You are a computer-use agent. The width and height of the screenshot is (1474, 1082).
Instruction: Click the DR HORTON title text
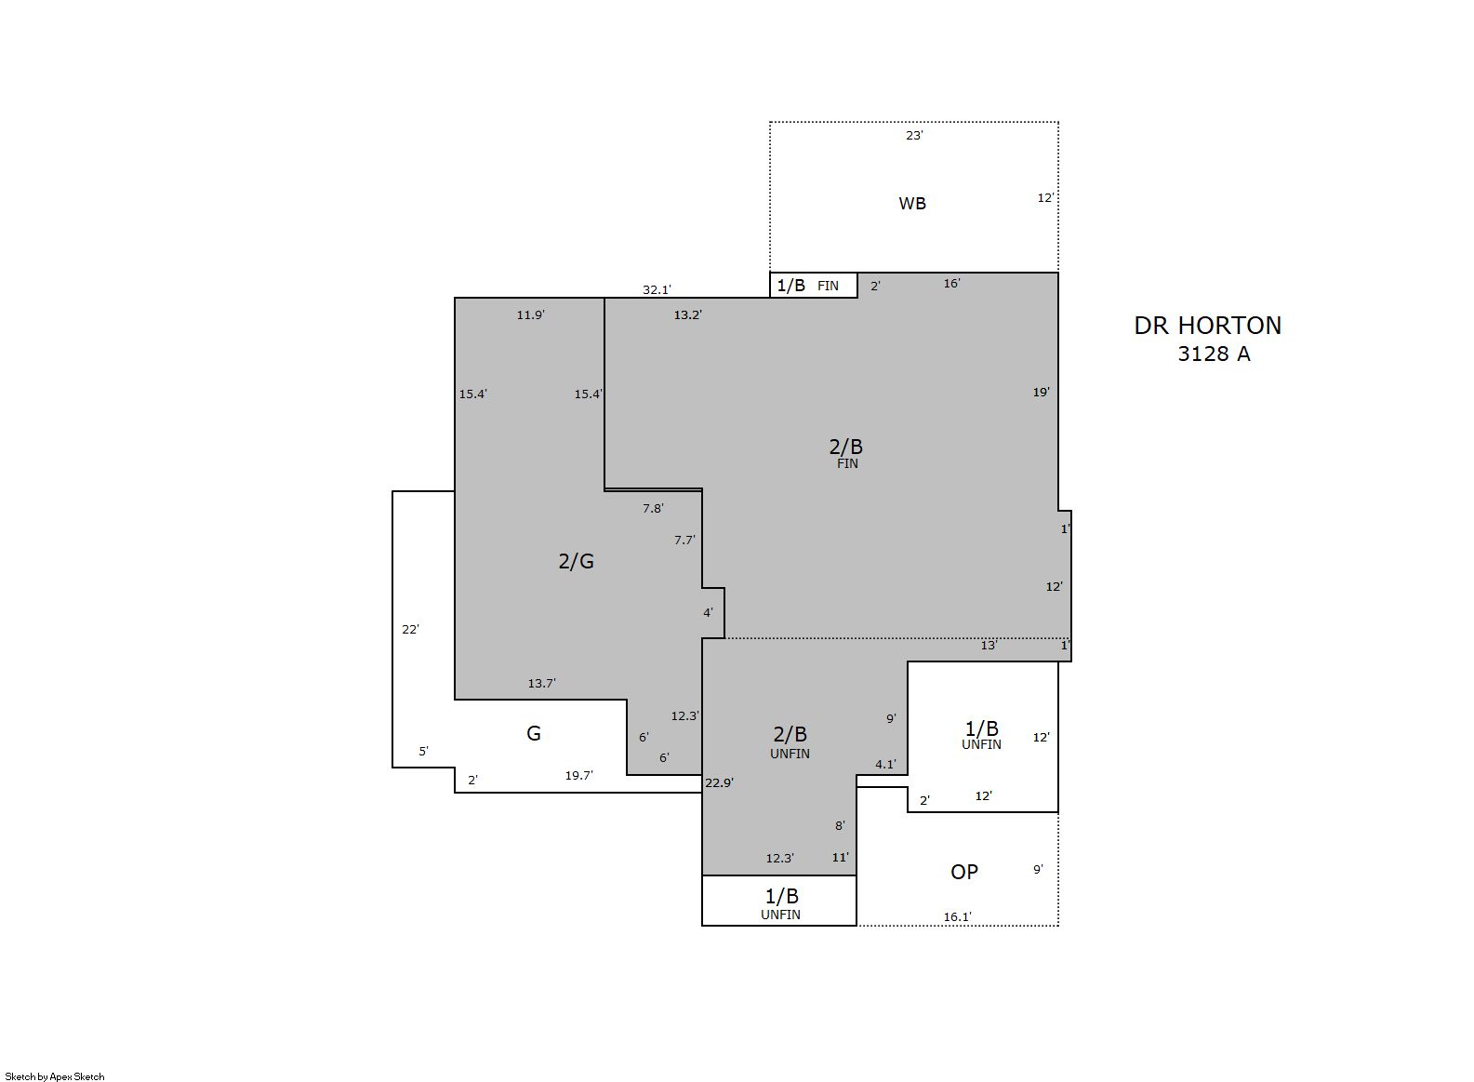pyautogui.click(x=1207, y=326)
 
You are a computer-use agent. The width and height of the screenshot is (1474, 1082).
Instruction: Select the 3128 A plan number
pyautogui.click(x=1214, y=354)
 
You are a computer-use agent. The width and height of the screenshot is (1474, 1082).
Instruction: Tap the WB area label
pyautogui.click(x=912, y=204)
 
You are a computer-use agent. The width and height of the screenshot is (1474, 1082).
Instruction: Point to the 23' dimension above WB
pyautogui.click(x=914, y=136)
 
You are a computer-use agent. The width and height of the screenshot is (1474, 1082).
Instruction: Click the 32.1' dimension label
pyautogui.click(x=657, y=289)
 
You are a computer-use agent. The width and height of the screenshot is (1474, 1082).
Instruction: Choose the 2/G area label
pyautogui.click(x=576, y=561)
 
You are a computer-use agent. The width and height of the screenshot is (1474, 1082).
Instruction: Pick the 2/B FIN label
pyautogui.click(x=846, y=453)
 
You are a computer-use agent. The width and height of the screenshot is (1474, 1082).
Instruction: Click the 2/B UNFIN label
pyautogui.click(x=790, y=742)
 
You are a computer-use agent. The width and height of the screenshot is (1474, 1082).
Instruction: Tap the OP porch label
pyautogui.click(x=964, y=872)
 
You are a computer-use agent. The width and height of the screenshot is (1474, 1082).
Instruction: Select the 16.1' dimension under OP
pyautogui.click(x=957, y=916)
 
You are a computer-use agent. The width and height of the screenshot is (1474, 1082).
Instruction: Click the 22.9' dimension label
pyautogui.click(x=719, y=782)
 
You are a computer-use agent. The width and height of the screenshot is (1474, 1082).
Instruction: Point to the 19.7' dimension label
pyautogui.click(x=578, y=775)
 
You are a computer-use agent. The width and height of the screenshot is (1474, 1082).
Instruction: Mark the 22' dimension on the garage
pyautogui.click(x=410, y=629)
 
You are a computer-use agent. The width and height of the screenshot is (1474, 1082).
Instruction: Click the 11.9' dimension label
pyautogui.click(x=530, y=314)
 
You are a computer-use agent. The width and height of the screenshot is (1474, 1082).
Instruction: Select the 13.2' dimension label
pyautogui.click(x=687, y=314)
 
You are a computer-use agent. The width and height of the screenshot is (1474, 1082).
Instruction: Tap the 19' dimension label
pyautogui.click(x=1041, y=393)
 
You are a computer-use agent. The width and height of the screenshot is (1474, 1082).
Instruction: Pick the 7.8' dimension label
pyautogui.click(x=653, y=508)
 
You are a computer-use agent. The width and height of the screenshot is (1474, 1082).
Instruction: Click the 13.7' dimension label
pyautogui.click(x=541, y=683)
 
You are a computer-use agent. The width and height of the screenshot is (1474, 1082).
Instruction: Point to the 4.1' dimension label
pyautogui.click(x=885, y=764)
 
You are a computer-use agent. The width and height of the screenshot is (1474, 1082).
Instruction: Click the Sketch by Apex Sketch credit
pyautogui.click(x=55, y=1076)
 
